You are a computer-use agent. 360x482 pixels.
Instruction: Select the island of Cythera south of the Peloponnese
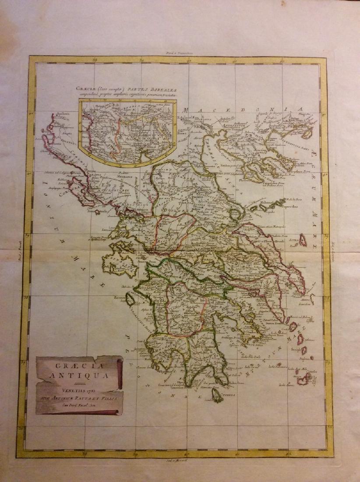[x=216, y=396]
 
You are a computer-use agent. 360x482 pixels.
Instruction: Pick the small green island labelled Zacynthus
[x=131, y=300]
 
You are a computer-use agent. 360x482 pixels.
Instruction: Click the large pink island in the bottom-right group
[x=303, y=378]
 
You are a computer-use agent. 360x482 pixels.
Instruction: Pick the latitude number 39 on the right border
[x=326, y=236]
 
